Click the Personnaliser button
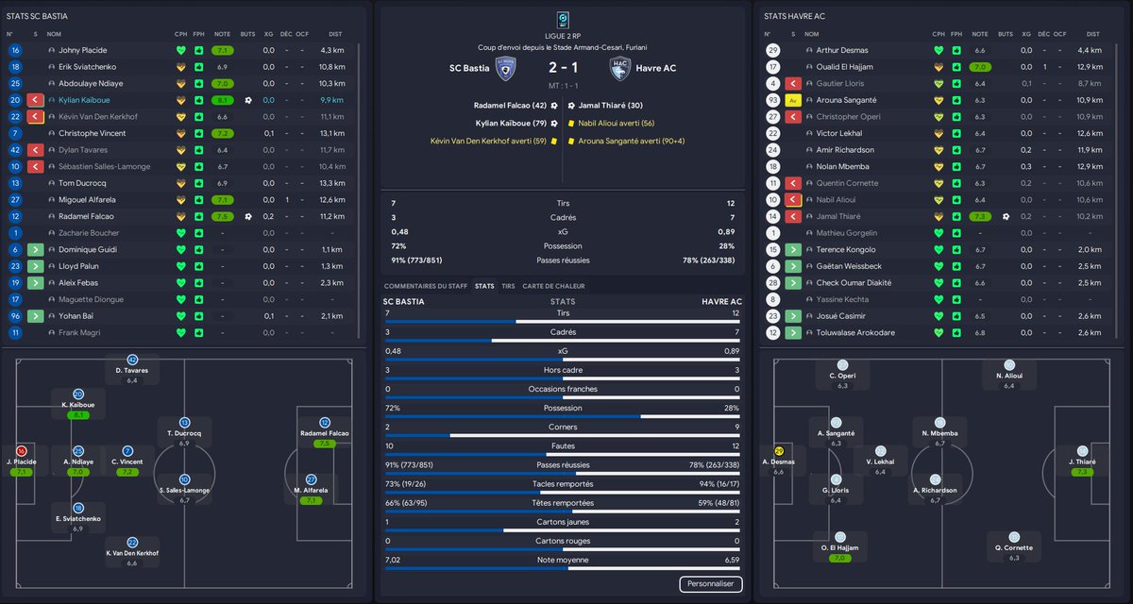[710, 584]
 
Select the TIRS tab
[508, 285]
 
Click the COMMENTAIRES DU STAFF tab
[425, 285]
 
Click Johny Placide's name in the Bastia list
[83, 50]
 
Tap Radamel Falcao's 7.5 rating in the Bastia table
[222, 216]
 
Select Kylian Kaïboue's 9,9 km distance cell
[331, 100]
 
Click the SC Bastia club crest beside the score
[505, 68]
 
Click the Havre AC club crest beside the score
[620, 68]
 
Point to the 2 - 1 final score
[563, 68]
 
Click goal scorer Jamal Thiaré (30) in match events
[609, 106]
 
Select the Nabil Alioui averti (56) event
[616, 123]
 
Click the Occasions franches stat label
[563, 389]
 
